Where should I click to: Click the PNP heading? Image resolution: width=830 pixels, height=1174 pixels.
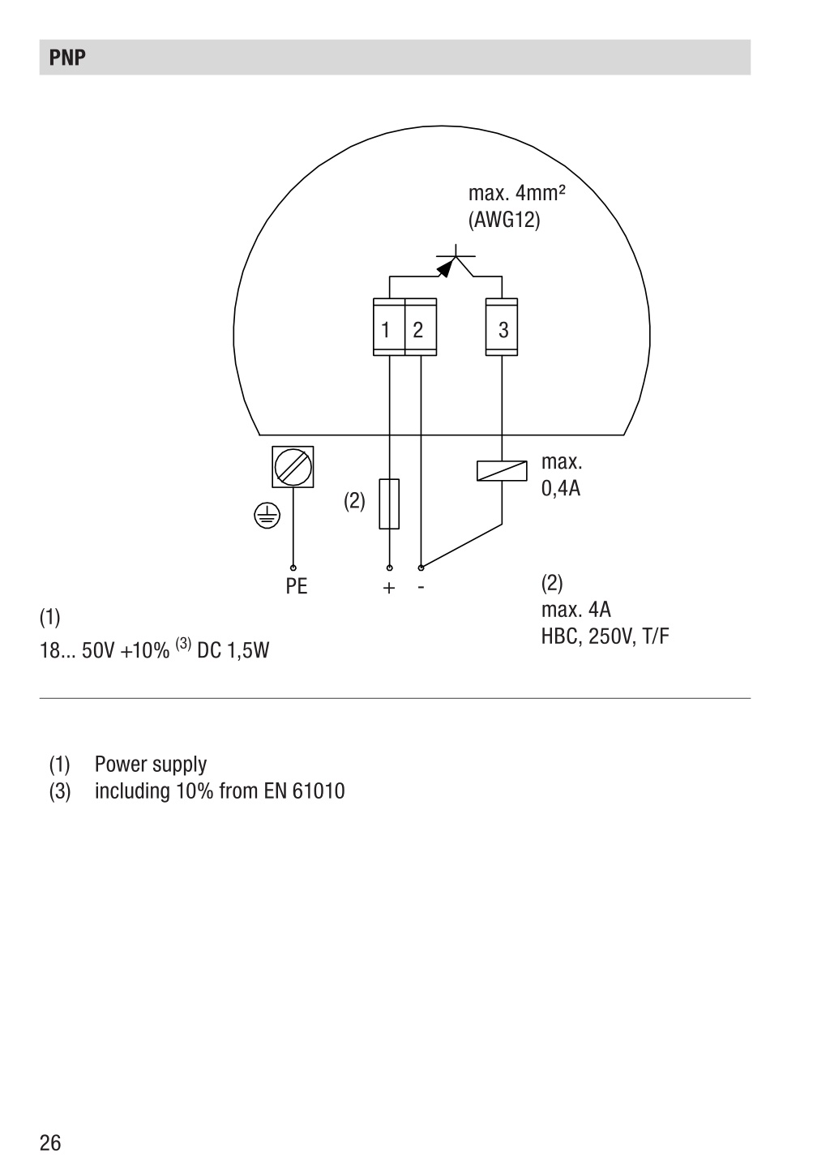pyautogui.click(x=67, y=57)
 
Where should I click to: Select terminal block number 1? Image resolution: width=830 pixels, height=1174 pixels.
pyautogui.click(x=389, y=327)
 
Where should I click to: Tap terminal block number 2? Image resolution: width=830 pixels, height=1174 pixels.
pyautogui.click(x=421, y=327)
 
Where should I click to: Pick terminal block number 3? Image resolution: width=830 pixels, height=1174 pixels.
pyautogui.click(x=502, y=327)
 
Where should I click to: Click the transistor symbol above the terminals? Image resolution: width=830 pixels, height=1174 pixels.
pyautogui.click(x=454, y=262)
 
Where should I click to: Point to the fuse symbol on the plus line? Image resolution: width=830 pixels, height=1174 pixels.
pyautogui.click(x=389, y=503)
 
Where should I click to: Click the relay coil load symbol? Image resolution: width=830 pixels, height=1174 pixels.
pyautogui.click(x=502, y=470)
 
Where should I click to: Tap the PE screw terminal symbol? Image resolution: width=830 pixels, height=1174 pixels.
pyautogui.click(x=293, y=466)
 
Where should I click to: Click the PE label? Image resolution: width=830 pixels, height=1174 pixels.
pyautogui.click(x=297, y=586)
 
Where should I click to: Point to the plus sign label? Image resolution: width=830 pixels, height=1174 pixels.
pyautogui.click(x=389, y=588)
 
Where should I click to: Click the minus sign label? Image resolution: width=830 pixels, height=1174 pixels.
pyautogui.click(x=421, y=588)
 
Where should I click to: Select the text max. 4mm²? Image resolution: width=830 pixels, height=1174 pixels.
pyautogui.click(x=516, y=194)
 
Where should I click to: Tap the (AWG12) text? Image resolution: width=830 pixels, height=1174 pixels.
pyautogui.click(x=504, y=220)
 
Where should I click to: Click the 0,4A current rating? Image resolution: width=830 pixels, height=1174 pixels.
pyautogui.click(x=561, y=488)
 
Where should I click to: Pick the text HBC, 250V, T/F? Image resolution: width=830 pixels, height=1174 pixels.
pyautogui.click(x=605, y=636)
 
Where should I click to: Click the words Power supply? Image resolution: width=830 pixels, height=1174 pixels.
pyautogui.click(x=151, y=765)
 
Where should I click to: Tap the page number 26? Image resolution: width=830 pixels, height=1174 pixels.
pyautogui.click(x=50, y=1142)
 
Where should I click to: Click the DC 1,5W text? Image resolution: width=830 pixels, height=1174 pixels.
pyautogui.click(x=233, y=650)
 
